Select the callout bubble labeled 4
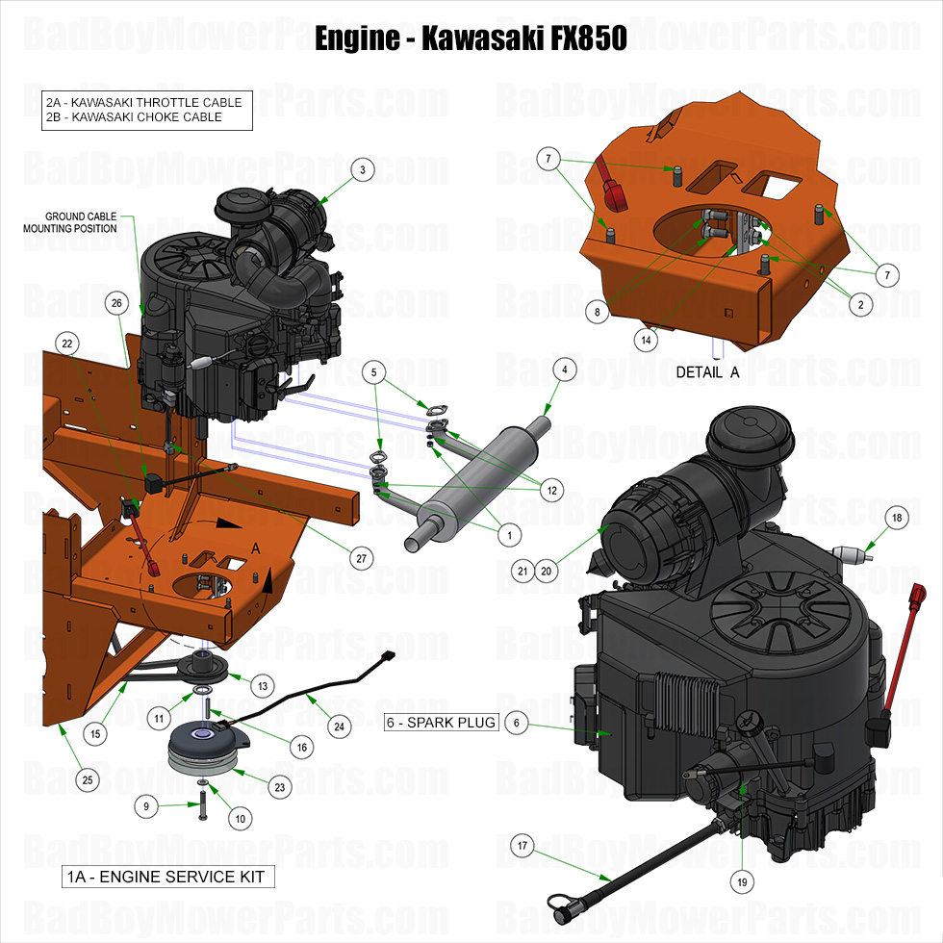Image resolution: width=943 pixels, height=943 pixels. [x=565, y=369]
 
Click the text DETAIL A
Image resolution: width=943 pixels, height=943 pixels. [x=707, y=371]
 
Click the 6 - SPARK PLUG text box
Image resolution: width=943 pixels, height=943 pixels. [x=442, y=723]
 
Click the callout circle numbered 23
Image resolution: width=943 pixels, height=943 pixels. [x=280, y=786]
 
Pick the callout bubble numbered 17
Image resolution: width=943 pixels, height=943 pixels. [x=522, y=846]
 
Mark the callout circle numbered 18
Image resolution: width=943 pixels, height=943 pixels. [x=897, y=518]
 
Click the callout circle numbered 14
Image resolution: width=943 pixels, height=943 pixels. [x=646, y=339]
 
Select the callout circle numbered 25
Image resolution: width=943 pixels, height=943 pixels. [x=88, y=779]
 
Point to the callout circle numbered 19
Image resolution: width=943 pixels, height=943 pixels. [x=742, y=879]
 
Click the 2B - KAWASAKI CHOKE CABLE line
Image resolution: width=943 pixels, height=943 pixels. [x=134, y=117]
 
